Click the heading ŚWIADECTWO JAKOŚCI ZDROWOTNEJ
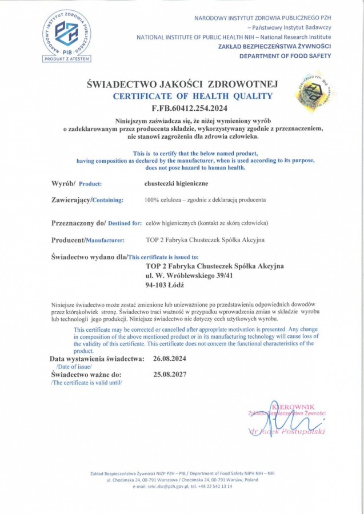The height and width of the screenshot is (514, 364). tap(182, 85)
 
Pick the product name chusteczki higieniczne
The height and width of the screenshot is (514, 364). tap(175, 184)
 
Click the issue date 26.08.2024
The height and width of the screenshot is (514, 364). tap(166, 359)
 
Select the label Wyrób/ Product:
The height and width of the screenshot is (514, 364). tap(77, 184)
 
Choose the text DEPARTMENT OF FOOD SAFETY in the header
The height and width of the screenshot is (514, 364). tap(285, 55)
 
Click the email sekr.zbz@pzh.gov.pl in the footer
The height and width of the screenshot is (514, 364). tap(164, 486)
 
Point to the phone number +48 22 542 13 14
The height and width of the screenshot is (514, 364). tap(216, 486)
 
